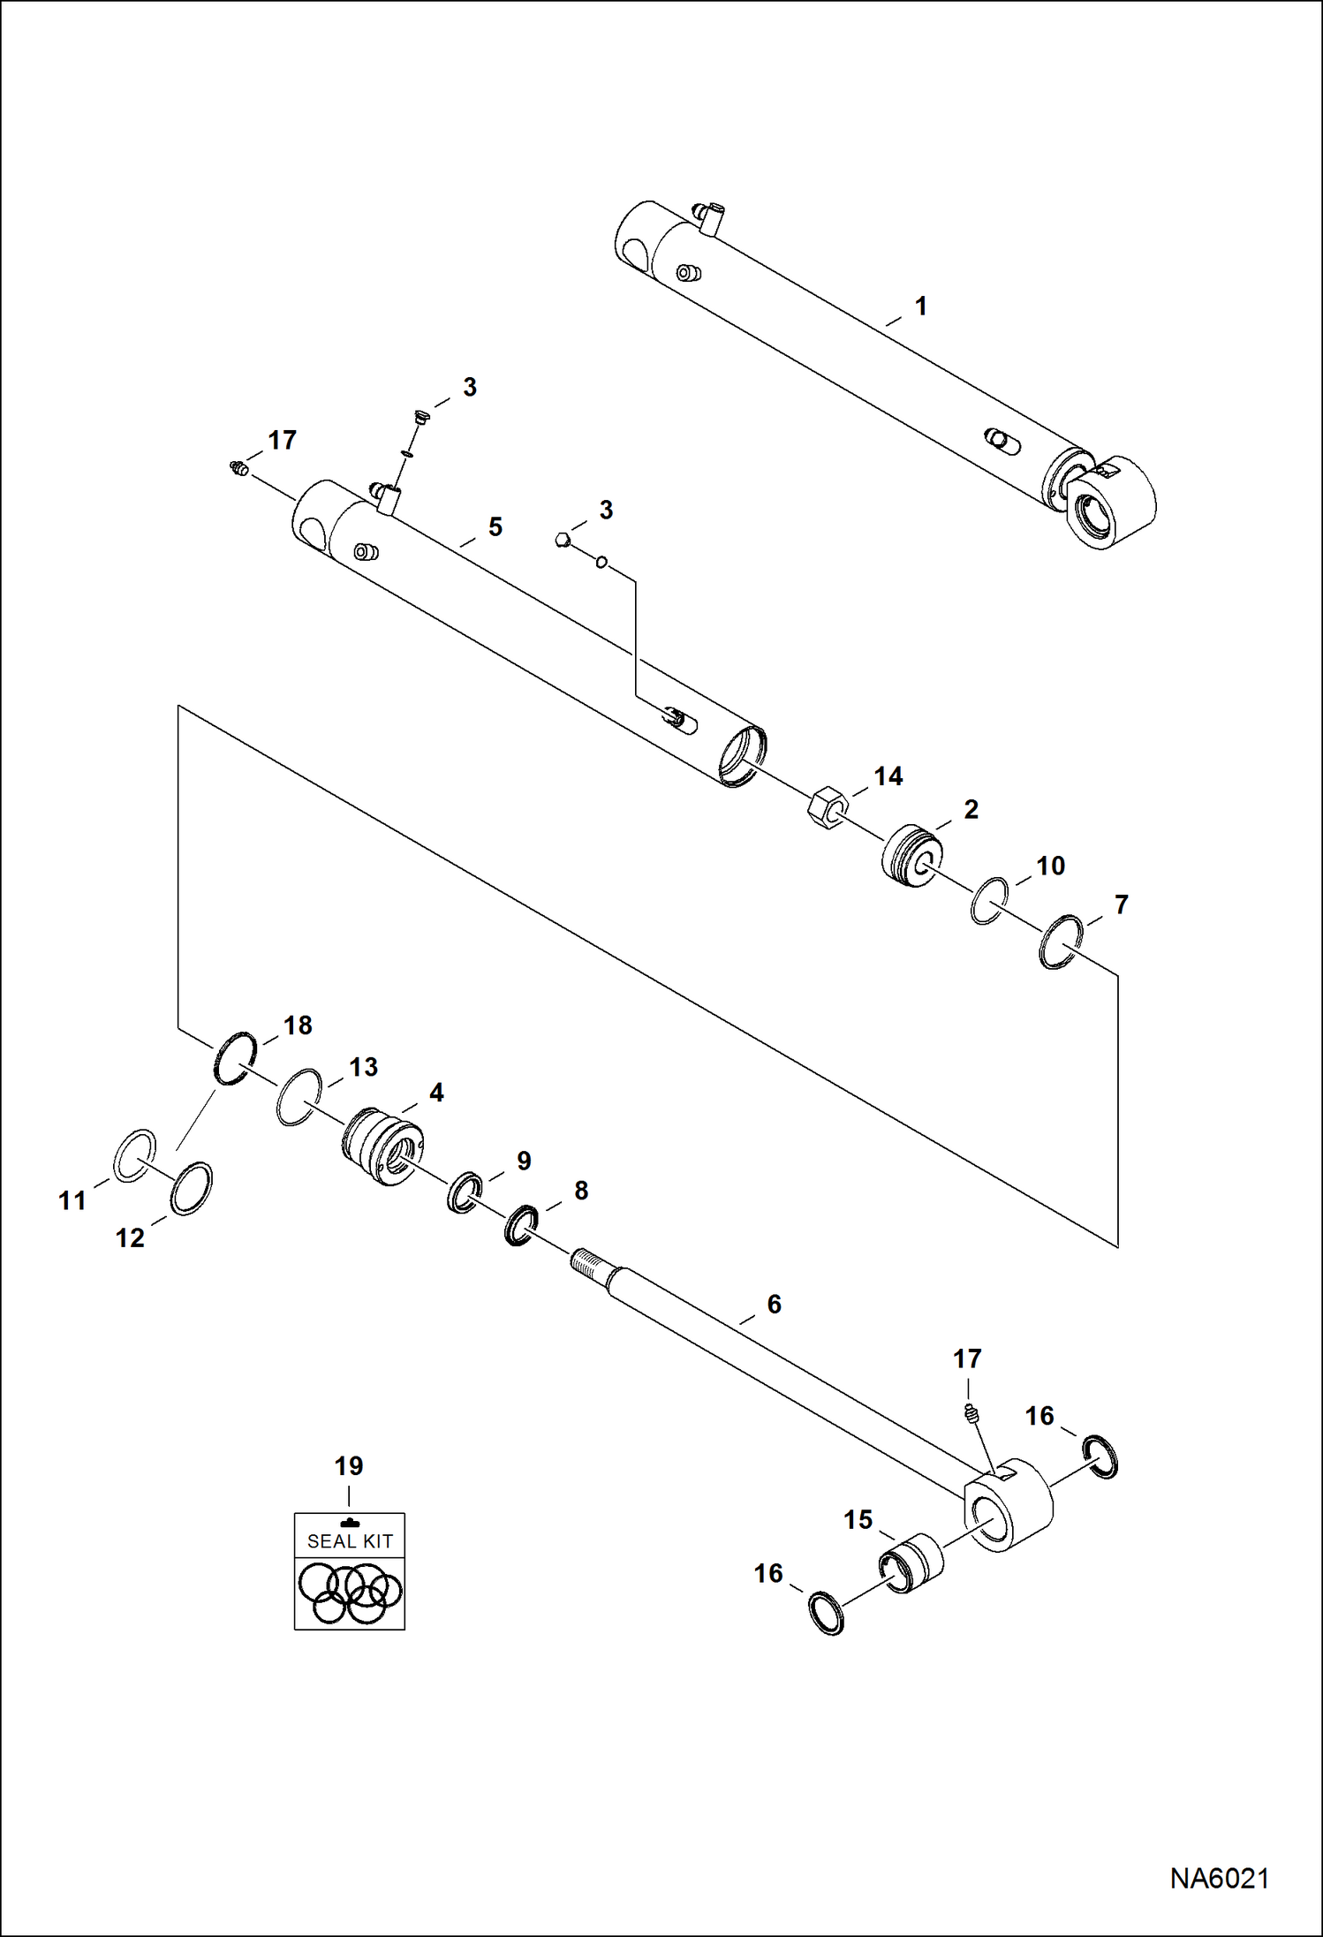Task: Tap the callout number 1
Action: click(x=921, y=306)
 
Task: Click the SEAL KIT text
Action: click(x=350, y=1541)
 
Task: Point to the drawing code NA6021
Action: click(x=1219, y=1878)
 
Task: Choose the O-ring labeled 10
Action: click(x=989, y=901)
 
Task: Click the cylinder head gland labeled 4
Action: click(x=382, y=1146)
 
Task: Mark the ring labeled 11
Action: click(x=135, y=1155)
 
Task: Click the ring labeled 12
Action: click(x=191, y=1189)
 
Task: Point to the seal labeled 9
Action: click(x=465, y=1192)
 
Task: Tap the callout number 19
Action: click(x=349, y=1466)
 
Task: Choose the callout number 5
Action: click(x=495, y=527)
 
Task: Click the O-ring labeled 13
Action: click(x=299, y=1097)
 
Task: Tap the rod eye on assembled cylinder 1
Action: click(x=1111, y=505)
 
